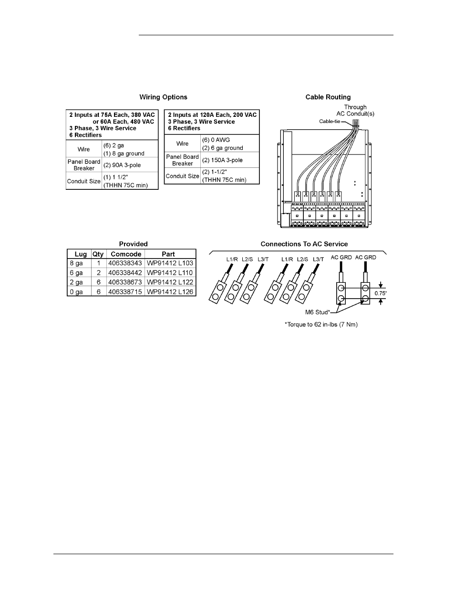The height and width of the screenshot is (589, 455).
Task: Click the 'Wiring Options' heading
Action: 163,97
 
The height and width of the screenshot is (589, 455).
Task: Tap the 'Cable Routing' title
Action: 328,97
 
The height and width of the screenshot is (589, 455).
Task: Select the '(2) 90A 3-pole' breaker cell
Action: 122,165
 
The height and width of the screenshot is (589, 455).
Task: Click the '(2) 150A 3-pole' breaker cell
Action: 222,160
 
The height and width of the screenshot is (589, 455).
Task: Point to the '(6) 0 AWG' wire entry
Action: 216,140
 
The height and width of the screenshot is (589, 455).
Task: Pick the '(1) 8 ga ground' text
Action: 124,154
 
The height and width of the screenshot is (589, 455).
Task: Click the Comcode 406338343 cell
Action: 125,263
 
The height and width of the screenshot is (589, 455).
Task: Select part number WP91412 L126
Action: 170,292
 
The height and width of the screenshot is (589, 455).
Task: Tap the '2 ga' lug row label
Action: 76,282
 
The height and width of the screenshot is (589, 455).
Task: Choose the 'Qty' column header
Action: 98,254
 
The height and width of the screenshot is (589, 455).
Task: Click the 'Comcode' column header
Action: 126,254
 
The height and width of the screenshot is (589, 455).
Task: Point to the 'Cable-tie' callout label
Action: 330,122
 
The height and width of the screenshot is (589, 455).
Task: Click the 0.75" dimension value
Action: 381,293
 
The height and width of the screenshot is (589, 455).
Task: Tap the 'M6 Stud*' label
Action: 318,312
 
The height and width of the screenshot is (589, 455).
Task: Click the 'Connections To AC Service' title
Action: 304,244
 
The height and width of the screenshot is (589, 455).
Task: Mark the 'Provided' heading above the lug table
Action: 134,244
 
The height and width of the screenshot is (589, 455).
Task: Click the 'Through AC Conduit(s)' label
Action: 355,111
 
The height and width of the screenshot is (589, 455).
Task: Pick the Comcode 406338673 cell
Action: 125,282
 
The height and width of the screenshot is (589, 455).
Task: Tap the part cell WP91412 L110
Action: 170,273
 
